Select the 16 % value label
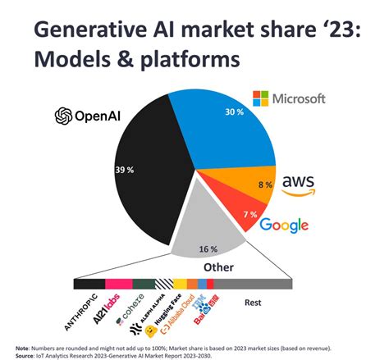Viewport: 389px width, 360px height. click(x=208, y=248)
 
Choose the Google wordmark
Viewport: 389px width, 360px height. click(x=284, y=225)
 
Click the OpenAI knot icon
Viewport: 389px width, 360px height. click(x=65, y=116)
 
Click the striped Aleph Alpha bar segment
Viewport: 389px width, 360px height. click(x=163, y=284)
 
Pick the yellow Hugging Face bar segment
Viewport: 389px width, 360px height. click(x=180, y=284)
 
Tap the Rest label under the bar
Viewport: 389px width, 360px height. click(x=253, y=301)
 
